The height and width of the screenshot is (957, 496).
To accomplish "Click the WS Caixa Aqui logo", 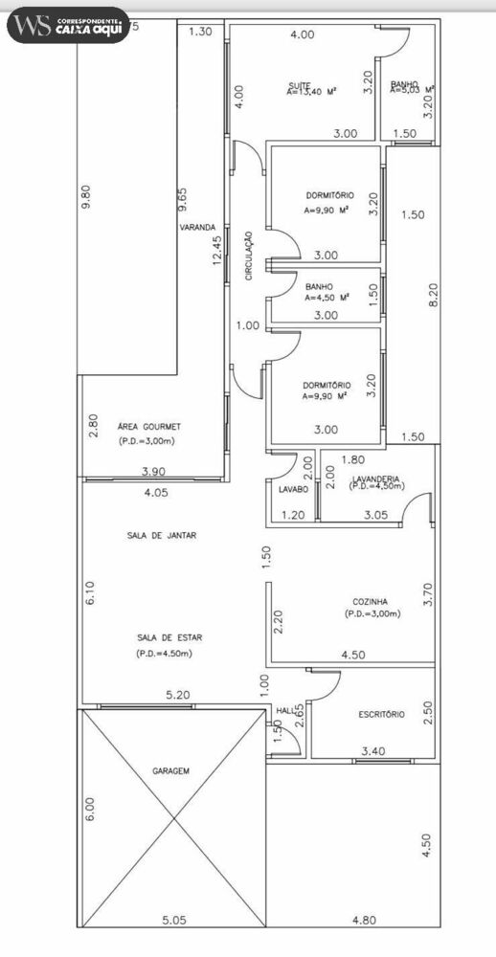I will click(x=67, y=26).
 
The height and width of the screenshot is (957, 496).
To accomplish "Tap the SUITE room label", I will click(x=298, y=85).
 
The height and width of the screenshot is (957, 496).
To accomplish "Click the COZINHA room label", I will click(x=369, y=601).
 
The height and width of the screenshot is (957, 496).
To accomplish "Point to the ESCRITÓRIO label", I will click(x=381, y=714).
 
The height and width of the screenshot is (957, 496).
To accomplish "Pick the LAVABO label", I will click(x=293, y=489).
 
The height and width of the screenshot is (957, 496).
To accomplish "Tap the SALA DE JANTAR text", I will click(x=161, y=536).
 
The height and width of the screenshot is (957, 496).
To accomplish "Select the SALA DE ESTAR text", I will click(x=162, y=636).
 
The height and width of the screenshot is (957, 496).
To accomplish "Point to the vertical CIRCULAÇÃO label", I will click(x=249, y=255).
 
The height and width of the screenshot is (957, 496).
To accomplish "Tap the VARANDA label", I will click(x=196, y=228).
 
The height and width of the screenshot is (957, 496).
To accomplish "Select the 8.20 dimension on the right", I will click(x=433, y=293).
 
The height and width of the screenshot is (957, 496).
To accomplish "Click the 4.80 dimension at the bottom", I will click(x=363, y=921).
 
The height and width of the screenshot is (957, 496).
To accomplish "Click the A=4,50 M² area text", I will click(x=326, y=298).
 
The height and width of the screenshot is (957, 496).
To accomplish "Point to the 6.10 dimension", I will click(x=89, y=594).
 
